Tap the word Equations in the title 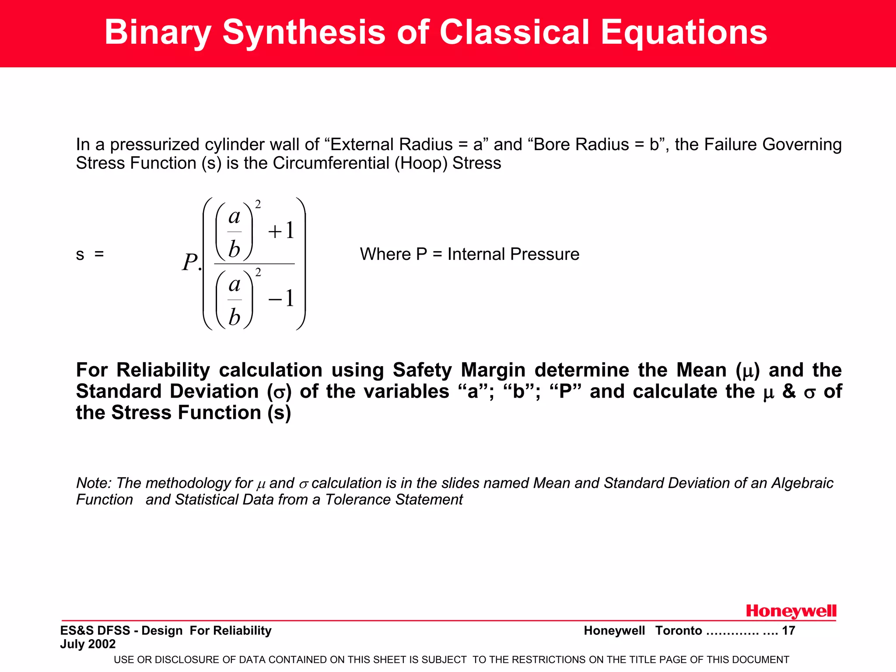pos(683,32)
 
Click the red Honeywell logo pos(791,611)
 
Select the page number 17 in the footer pos(788,631)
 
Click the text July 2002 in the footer pos(88,644)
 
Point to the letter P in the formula pos(190,263)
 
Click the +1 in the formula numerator pos(281,231)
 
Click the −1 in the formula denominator pos(281,299)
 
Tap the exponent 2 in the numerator pos(258,204)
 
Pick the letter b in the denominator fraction pos(234,317)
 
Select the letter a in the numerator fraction pos(234,216)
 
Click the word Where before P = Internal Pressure pos(385,254)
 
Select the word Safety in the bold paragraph pos(422,370)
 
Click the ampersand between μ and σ pos(789,392)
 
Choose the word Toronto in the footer pos(679,631)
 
